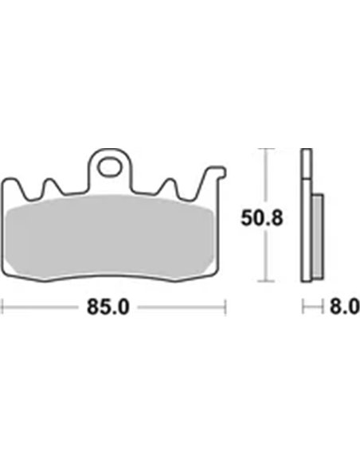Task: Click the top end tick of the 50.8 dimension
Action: [269, 149]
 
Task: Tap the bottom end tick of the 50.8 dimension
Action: [269, 279]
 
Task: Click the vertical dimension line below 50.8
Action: [269, 255]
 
